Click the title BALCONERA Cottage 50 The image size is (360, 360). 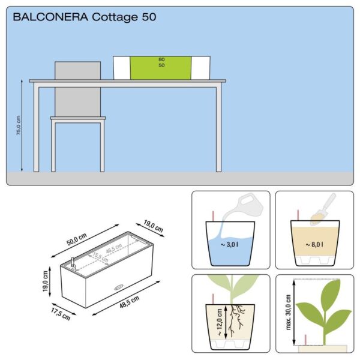85,17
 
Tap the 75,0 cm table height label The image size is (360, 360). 19,125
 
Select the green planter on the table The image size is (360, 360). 161,68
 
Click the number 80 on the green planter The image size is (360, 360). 161,59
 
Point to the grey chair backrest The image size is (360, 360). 77,89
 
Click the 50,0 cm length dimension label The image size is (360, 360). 77,239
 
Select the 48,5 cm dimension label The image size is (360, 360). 129,302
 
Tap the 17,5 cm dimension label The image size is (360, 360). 61,314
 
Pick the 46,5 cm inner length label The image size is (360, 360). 114,249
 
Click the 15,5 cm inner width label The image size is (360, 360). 100,257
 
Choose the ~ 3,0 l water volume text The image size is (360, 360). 229,245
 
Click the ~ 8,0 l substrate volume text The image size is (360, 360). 314,245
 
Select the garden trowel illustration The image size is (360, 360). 323,209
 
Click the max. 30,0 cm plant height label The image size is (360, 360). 289,312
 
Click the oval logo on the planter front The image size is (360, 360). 119,287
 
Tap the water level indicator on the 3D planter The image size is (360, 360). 73,262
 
